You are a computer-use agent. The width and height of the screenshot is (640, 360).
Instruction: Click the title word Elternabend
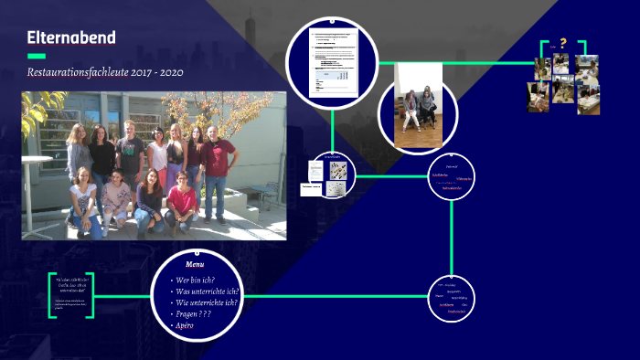pos(71,37)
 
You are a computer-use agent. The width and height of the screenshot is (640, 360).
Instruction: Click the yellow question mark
pos(563,43)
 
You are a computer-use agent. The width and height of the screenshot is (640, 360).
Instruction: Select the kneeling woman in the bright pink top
pos(181,196)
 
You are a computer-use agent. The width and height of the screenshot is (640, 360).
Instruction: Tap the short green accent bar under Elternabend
pos(36,56)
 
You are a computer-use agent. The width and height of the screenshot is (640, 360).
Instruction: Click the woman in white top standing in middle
pos(156,155)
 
